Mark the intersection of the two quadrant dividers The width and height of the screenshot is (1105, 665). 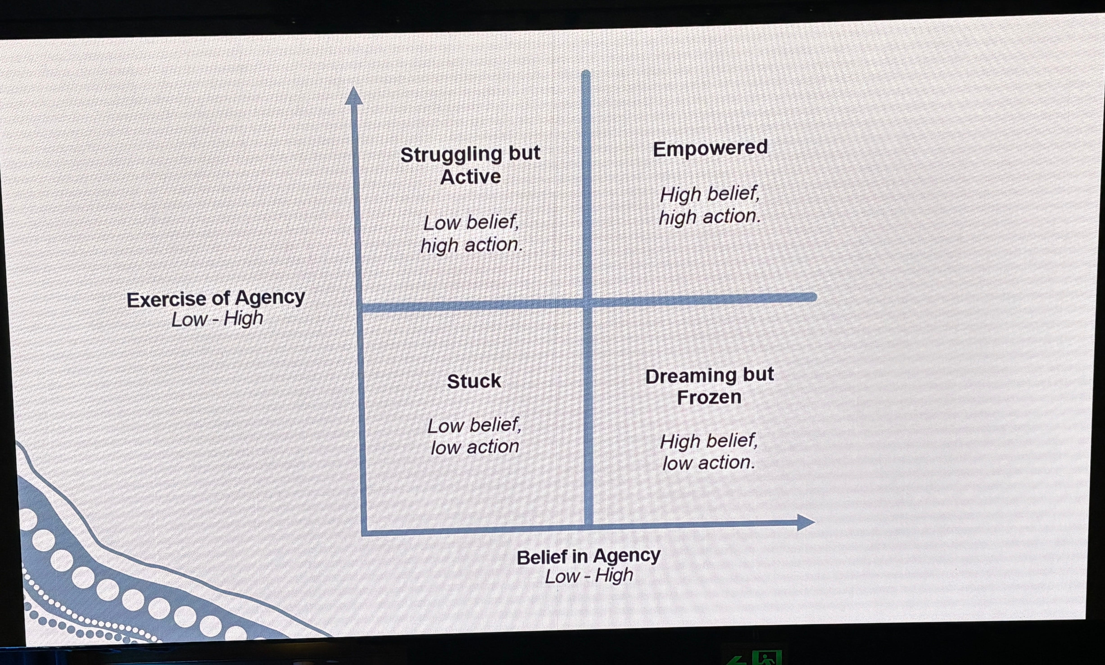[587, 303]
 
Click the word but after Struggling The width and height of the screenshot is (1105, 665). [524, 153]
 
